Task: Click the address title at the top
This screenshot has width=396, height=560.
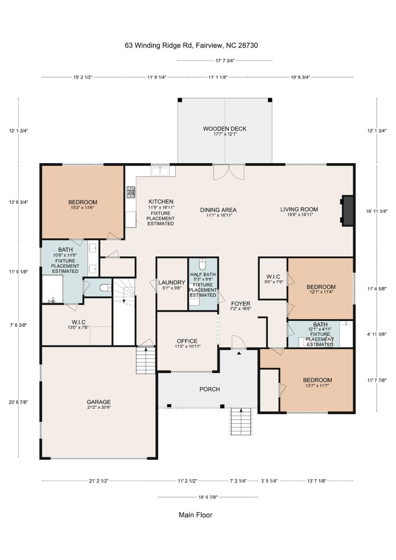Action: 191,45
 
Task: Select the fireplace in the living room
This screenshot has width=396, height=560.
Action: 347,210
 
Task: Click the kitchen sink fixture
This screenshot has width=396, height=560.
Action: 160,171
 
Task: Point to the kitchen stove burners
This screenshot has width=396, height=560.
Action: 131,192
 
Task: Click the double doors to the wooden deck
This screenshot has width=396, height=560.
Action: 229,172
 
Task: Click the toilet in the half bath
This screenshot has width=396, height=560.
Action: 202,264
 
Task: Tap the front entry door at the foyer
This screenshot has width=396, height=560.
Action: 238,342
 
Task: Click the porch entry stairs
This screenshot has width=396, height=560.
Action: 241,422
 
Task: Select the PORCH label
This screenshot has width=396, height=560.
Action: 209,389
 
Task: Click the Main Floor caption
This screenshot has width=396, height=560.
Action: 195,515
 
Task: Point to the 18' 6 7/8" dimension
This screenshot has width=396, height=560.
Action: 208,497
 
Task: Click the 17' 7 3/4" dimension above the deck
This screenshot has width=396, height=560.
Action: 225,61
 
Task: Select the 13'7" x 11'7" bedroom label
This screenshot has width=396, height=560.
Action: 317,382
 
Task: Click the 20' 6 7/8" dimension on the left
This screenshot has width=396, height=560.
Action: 18,402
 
